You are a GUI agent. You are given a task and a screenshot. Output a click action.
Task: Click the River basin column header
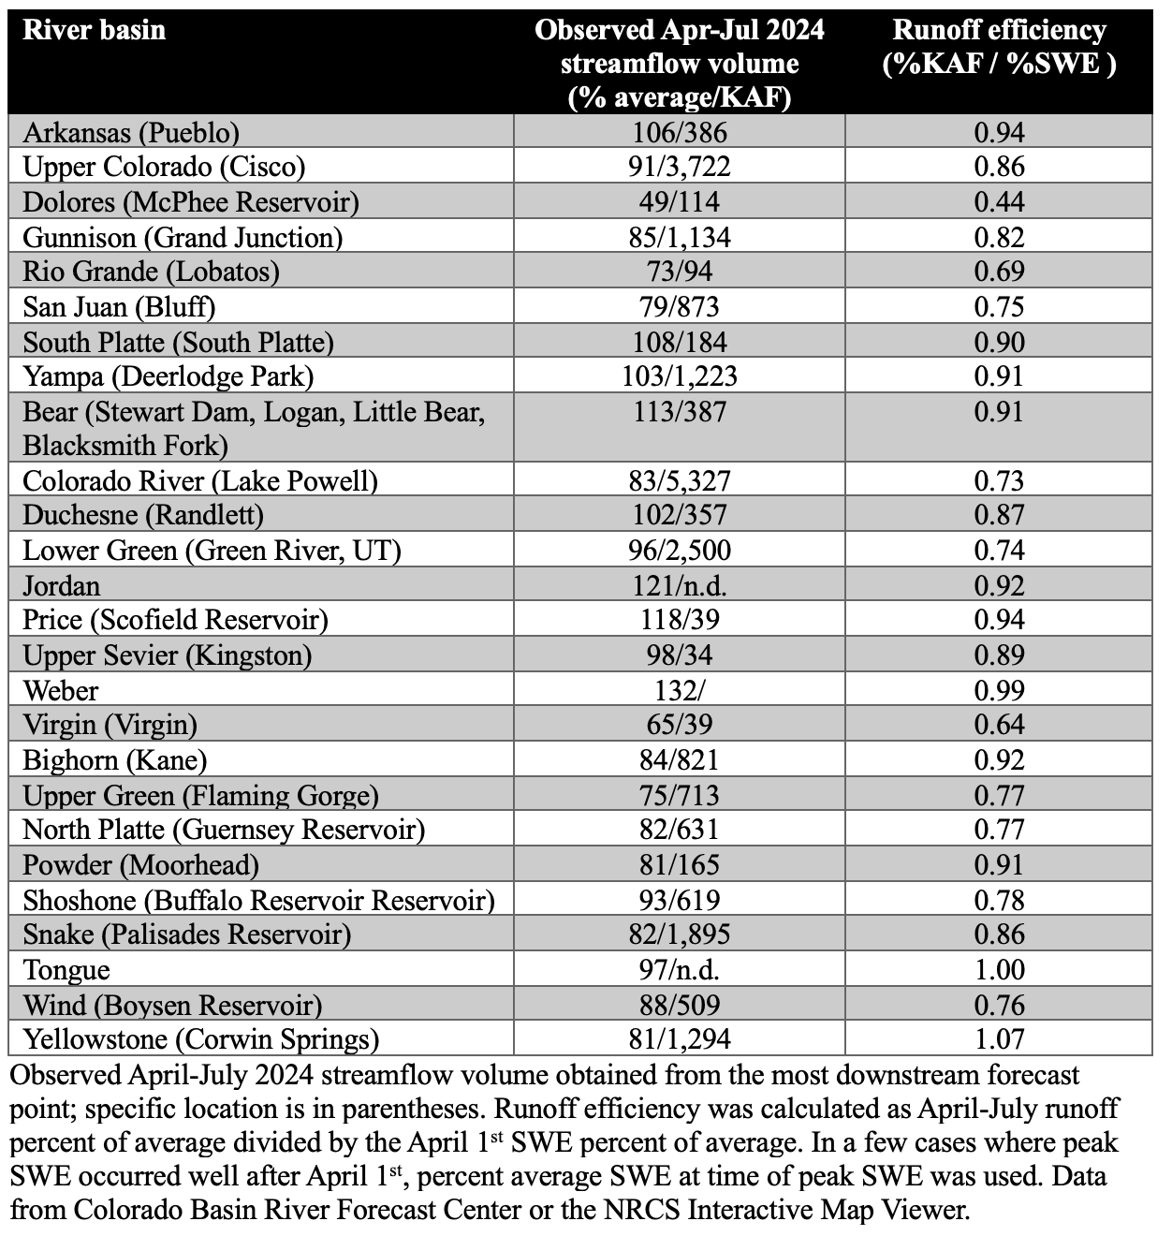(x=94, y=31)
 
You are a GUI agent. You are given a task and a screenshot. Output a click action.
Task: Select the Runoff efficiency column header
(x=999, y=47)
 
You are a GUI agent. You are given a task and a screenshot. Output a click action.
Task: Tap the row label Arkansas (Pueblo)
(x=131, y=132)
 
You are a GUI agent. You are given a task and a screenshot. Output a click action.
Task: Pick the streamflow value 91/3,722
(x=680, y=167)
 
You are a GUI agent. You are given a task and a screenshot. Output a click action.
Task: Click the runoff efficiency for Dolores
(x=999, y=201)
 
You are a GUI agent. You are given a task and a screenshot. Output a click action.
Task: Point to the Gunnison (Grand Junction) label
(x=183, y=237)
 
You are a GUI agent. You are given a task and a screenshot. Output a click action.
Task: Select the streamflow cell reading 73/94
(x=680, y=272)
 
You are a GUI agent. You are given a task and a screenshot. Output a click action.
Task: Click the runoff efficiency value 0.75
(x=999, y=306)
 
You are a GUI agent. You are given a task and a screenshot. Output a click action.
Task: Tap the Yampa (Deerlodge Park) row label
(x=168, y=376)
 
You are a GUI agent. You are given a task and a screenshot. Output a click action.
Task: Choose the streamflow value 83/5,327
(x=680, y=480)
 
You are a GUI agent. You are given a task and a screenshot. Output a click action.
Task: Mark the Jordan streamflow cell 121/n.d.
(x=680, y=585)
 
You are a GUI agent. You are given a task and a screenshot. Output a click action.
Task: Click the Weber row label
(x=61, y=690)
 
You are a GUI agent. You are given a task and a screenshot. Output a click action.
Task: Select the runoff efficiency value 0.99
(x=999, y=690)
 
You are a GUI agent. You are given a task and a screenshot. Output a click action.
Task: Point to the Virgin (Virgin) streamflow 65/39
(x=680, y=725)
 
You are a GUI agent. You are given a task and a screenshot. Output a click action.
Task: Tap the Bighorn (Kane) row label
(x=115, y=759)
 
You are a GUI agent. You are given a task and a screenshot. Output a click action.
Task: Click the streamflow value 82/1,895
(x=680, y=934)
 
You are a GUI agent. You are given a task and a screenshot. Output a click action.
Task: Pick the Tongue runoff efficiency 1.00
(x=999, y=969)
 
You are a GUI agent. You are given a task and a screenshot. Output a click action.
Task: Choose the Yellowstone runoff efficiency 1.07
(x=999, y=1038)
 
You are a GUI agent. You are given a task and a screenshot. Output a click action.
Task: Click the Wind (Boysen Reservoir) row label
(x=172, y=1005)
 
